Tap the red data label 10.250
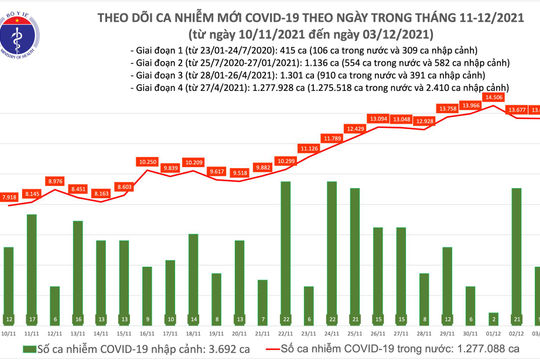[x=149, y=161]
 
